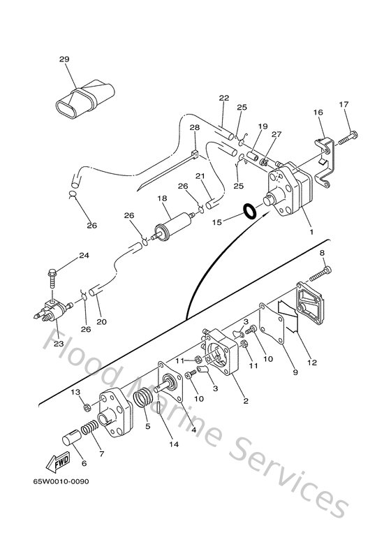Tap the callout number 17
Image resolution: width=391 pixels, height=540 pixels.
(x=343, y=105)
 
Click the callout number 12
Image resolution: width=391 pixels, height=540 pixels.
(x=311, y=362)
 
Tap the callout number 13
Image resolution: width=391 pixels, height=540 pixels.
(x=76, y=393)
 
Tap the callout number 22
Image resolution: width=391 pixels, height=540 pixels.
(x=223, y=98)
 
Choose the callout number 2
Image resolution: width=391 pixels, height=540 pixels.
(x=244, y=401)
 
